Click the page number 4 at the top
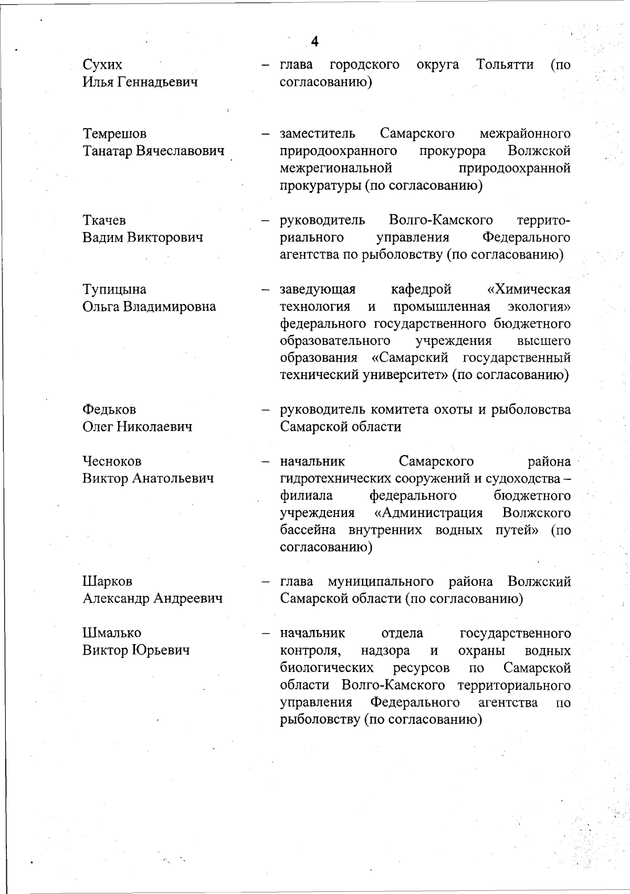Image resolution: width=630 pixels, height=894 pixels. pos(314,41)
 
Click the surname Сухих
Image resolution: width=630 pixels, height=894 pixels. pos(102,65)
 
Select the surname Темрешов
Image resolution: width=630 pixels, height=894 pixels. pos(114,134)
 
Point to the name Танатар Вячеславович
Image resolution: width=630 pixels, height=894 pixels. pos(153,151)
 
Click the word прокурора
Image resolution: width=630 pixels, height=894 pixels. pos(452,151)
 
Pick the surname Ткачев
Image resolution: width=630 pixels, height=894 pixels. pos(104,220)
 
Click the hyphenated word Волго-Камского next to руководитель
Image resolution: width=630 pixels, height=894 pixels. pos(440,220)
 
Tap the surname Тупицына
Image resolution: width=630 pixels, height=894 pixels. pos(114,289)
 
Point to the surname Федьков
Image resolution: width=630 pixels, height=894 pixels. pos(109,409)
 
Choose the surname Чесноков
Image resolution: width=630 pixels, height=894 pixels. pos(112,461)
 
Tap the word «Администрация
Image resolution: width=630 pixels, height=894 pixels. pos(428,512)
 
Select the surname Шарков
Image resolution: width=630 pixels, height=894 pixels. pos(107,581)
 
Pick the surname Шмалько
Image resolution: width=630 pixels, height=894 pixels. pos(112,633)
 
